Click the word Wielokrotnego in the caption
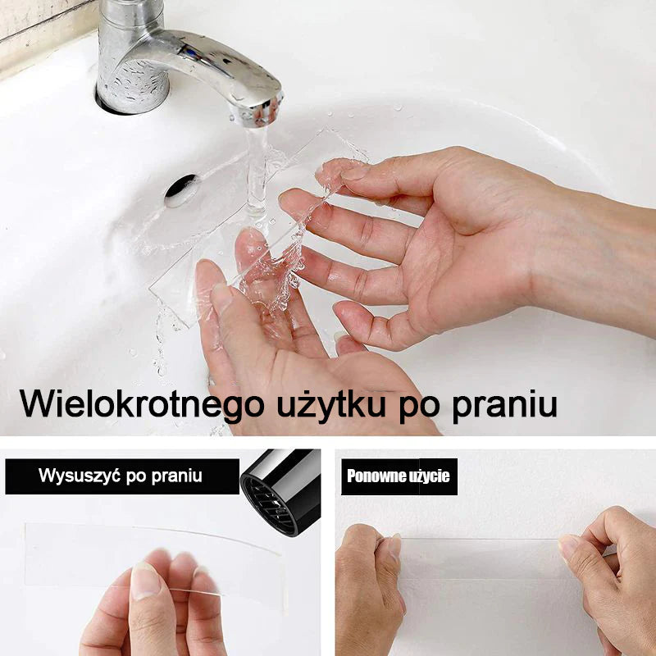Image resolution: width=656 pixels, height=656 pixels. coord(142,403)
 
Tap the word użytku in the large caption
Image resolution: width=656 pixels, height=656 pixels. coord(331,404)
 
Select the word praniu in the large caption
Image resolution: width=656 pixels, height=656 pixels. coord(505,404)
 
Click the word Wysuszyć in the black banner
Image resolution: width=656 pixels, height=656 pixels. coord(80,476)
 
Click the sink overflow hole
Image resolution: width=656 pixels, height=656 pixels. coord(181,191)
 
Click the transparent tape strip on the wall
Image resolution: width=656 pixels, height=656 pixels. coord(481,559)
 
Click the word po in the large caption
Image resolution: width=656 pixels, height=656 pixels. coord(419,408)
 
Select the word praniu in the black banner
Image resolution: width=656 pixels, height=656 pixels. coord(176,477)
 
